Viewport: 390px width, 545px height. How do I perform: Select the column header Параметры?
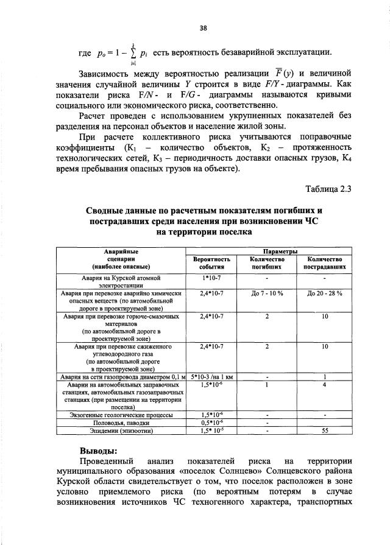[x=280, y=251]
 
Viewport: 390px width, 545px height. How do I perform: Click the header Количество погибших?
[x=267, y=262]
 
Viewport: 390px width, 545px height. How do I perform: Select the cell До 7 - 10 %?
[x=267, y=292]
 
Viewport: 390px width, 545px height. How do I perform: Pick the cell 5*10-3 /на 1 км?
[x=213, y=376]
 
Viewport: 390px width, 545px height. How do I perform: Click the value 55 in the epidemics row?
[x=325, y=430]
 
